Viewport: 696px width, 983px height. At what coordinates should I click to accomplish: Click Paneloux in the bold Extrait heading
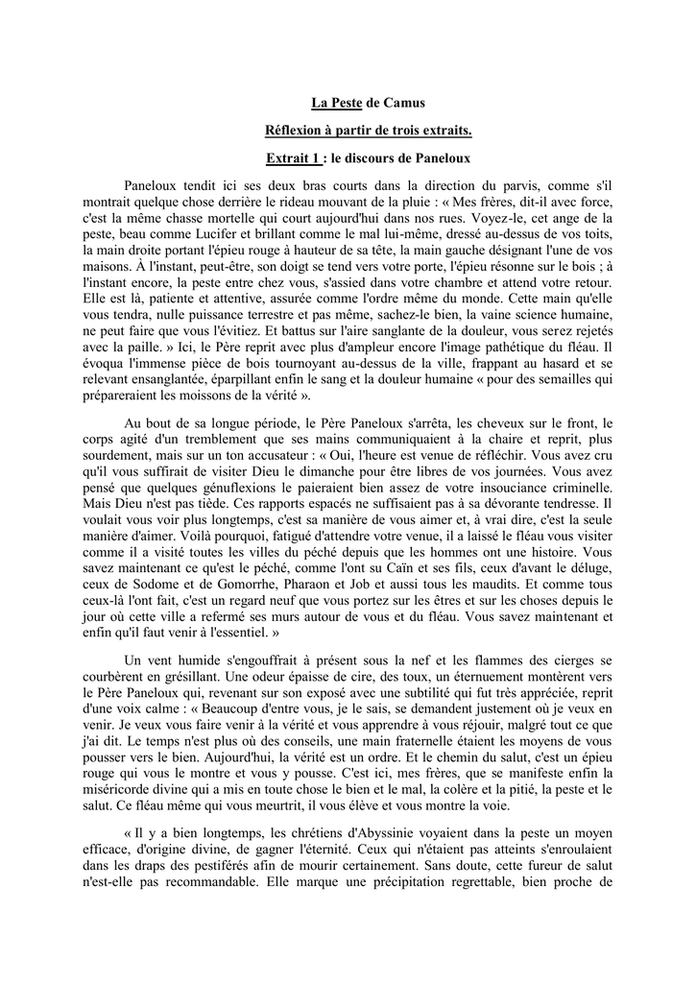440,156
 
